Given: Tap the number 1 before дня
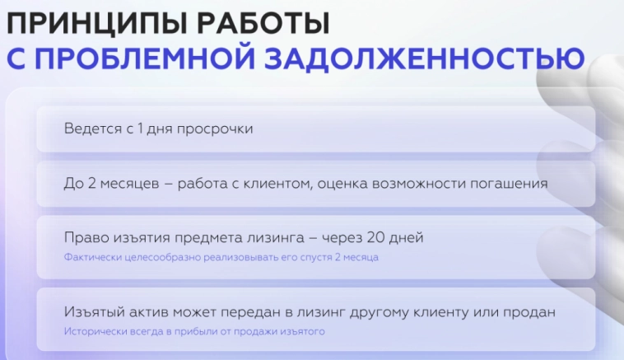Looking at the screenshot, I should click(x=141, y=129).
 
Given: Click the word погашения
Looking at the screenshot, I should click(x=508, y=184).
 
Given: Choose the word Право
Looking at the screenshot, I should click(x=85, y=238).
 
